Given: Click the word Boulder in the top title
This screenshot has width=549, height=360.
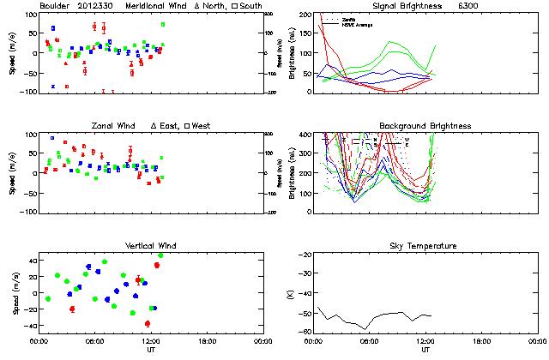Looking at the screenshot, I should (57, 6).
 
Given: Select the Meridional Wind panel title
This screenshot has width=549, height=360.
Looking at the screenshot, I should (157, 6).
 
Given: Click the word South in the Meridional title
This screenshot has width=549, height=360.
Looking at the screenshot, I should (251, 6).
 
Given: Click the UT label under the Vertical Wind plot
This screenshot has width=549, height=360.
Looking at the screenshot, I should (151, 351).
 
